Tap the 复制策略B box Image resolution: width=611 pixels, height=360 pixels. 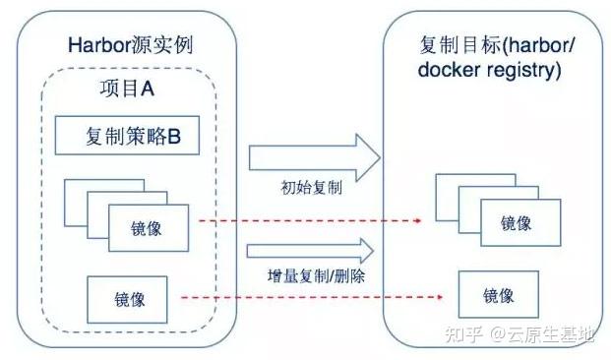(128, 137)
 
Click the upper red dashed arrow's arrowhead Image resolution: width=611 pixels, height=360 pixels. (427, 219)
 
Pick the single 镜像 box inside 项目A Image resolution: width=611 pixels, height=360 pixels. (128, 298)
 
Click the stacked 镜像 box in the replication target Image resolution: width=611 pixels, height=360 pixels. (516, 222)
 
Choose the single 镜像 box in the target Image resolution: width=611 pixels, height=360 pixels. (499, 294)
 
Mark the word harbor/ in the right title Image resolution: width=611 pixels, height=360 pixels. (529, 46)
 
